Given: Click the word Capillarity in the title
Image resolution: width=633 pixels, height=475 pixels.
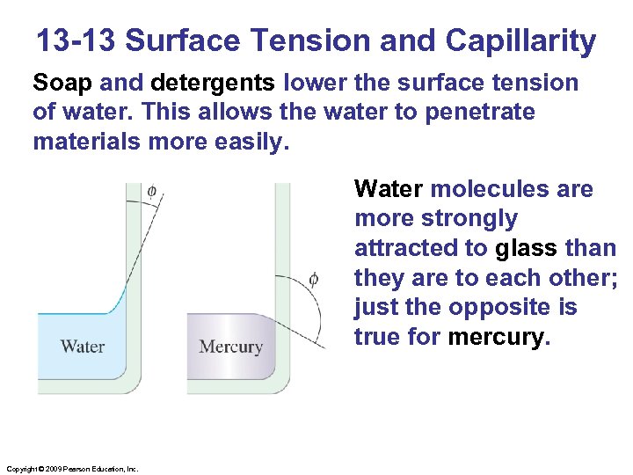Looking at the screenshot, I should (521, 40).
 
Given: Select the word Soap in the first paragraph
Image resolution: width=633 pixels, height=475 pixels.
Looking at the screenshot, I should (63, 83).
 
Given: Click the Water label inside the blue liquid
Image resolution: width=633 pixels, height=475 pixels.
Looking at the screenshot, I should (82, 346).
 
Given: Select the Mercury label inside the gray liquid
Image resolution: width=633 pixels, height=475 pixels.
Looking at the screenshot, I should (230, 346).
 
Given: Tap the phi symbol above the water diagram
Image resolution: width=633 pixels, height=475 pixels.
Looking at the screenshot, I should (152, 190).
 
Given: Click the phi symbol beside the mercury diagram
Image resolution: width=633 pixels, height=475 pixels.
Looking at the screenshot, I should (314, 281).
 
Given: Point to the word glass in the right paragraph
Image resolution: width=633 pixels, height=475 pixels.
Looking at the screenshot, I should (526, 249).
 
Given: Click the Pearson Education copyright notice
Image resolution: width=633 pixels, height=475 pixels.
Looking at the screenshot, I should (72, 470).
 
